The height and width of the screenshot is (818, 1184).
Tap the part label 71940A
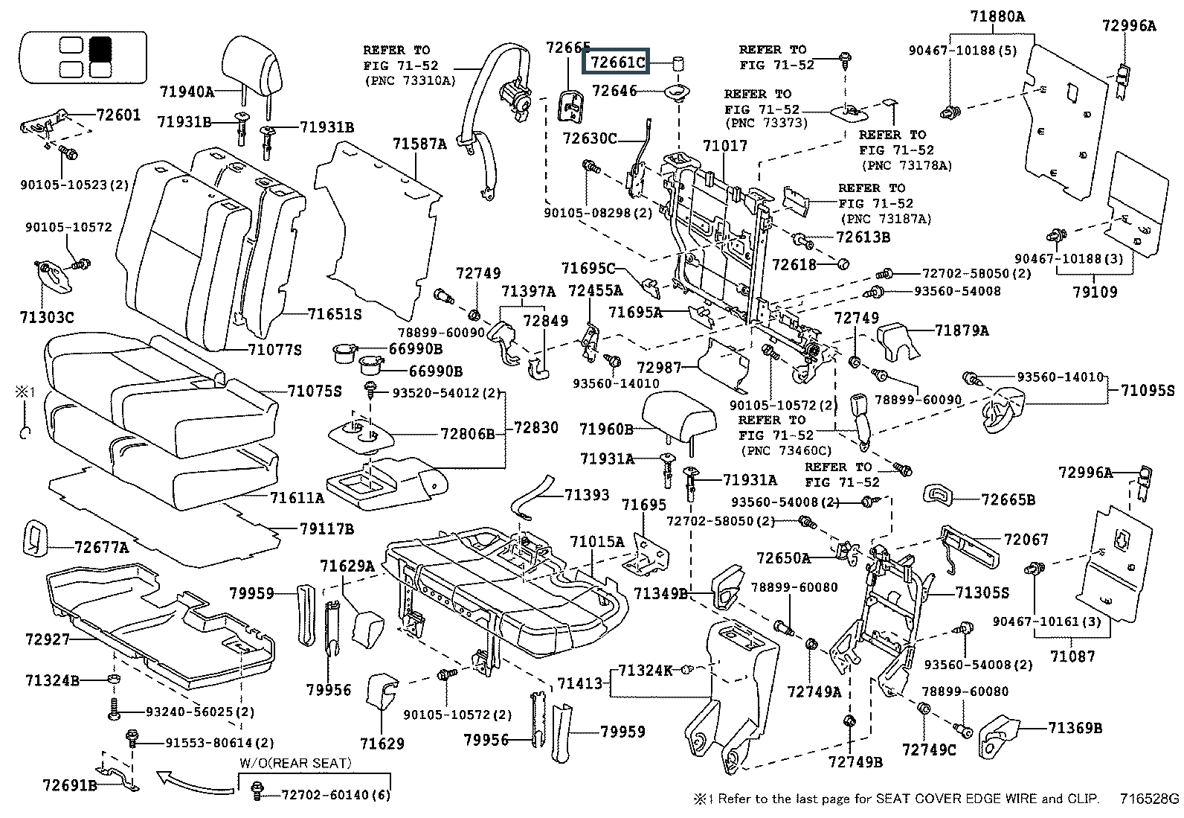coord(187,92)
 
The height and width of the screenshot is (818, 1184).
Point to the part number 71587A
coord(419,144)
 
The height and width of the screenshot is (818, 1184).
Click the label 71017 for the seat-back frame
coord(726,146)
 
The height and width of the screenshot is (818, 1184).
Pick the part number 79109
coord(1095,292)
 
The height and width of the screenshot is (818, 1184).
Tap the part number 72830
coord(530,428)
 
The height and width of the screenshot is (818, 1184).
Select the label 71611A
coord(297,498)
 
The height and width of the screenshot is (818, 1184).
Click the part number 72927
coord(48,639)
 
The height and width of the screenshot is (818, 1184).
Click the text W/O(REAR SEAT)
coord(295,764)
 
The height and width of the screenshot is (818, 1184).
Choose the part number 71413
coord(580,683)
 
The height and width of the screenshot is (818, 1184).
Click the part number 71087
coord(1072,656)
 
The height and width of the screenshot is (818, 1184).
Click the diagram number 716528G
coord(1150,800)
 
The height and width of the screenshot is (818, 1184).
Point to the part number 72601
coord(118,115)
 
